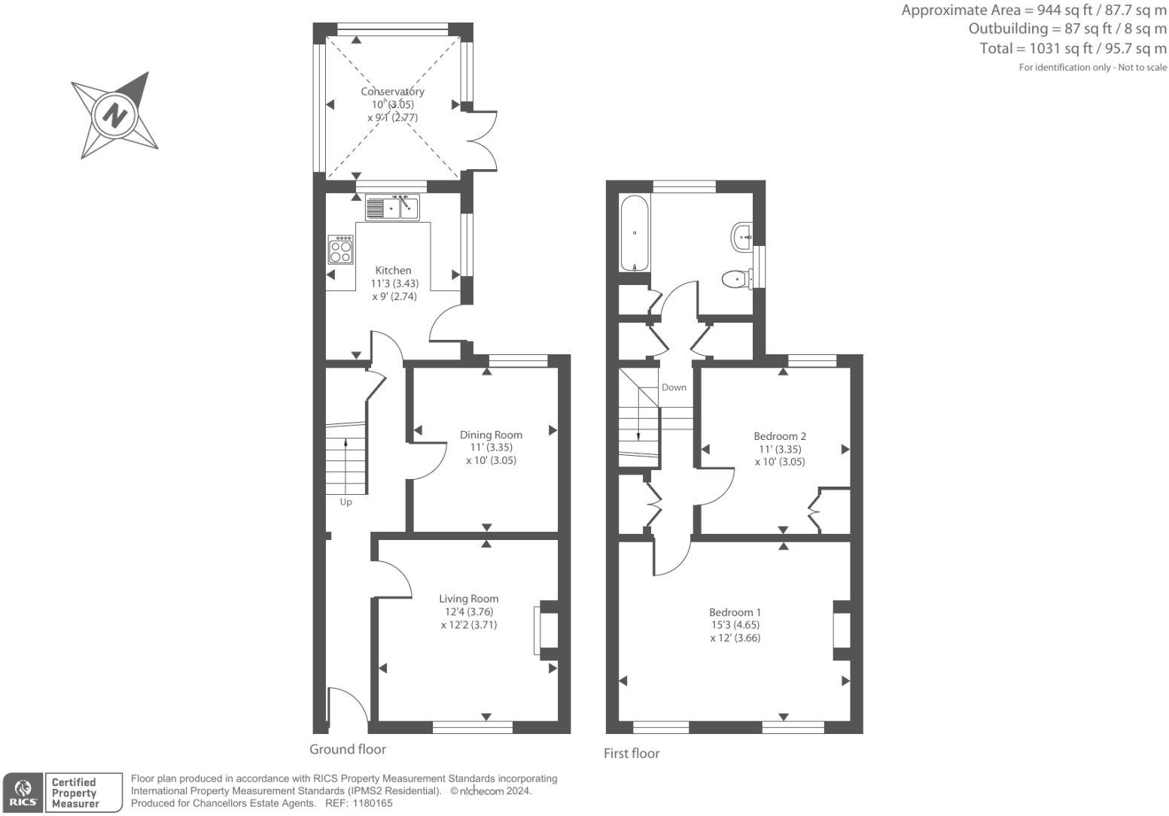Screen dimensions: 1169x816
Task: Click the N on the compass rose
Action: point(115,115)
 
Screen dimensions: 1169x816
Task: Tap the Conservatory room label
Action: point(392,91)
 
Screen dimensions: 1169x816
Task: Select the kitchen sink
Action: point(392,208)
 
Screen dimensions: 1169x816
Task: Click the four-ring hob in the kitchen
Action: point(341,250)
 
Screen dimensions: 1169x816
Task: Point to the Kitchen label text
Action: point(393,270)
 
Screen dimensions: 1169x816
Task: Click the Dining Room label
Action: point(491,435)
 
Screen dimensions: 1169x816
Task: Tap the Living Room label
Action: point(469,599)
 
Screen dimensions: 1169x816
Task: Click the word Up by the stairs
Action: point(346,502)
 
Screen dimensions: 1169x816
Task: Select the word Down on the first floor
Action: point(674,387)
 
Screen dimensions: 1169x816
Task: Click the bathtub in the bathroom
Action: point(635,233)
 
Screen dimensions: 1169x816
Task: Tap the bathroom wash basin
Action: point(741,237)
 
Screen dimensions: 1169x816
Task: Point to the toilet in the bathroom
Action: point(737,279)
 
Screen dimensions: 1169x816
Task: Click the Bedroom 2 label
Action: point(780,436)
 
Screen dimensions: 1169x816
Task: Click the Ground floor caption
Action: point(348,749)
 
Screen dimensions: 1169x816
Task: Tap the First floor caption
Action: point(632,754)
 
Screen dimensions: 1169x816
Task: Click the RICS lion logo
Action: point(23,793)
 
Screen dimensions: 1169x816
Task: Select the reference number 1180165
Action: point(372,803)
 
